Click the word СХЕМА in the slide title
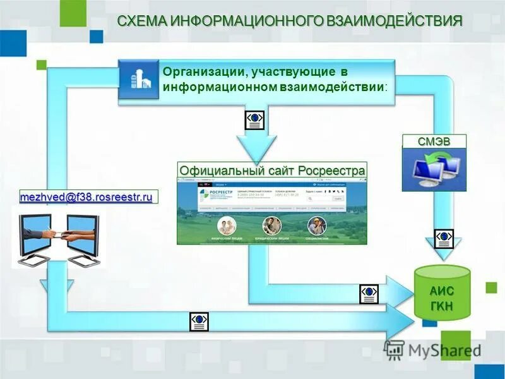point(140,21)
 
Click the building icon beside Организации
point(139,78)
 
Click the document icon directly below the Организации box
point(254,120)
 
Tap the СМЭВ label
point(434,141)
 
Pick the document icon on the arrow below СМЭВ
point(445,238)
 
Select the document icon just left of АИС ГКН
point(369,294)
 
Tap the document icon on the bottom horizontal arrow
point(199,322)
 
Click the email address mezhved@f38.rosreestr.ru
point(86,197)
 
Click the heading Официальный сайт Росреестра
point(273,171)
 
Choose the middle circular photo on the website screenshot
point(272,226)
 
